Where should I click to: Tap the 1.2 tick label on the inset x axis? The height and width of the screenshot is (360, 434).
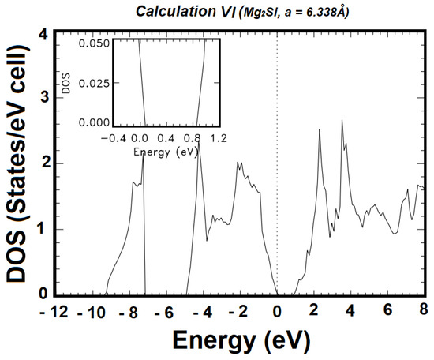(x=219, y=136)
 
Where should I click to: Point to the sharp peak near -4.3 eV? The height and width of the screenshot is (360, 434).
(x=199, y=142)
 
